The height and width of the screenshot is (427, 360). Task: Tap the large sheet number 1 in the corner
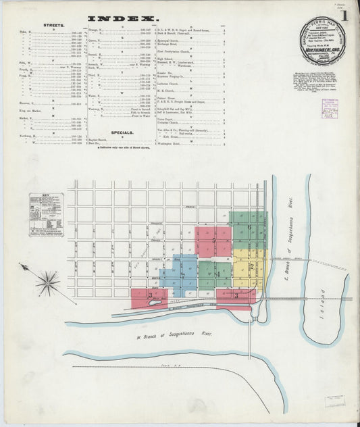345,15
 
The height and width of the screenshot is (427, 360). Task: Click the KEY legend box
46,215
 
